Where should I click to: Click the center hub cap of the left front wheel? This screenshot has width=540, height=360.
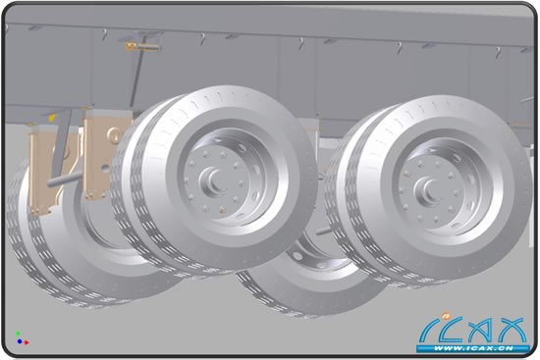[212, 180]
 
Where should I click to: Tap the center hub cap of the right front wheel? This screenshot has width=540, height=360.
[428, 190]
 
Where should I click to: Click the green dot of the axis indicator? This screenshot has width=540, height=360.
[18, 334]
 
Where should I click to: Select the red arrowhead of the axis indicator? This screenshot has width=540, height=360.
[27, 342]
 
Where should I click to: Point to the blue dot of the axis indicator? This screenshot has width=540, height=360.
[20, 341]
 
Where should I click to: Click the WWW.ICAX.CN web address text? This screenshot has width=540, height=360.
[473, 348]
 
